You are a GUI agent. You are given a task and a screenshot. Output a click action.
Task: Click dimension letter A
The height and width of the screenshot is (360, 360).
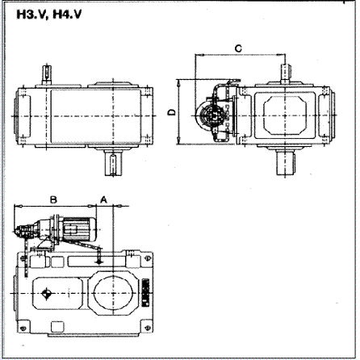pyautogui.click(x=104, y=197)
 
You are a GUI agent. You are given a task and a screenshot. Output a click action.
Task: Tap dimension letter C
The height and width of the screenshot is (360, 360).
pyautogui.click(x=237, y=48)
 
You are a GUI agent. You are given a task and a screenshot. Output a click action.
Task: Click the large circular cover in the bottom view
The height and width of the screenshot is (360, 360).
pyautogui.click(x=112, y=293)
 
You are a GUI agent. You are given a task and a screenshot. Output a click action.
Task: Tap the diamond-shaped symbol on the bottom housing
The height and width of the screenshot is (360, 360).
pyautogui.click(x=48, y=293)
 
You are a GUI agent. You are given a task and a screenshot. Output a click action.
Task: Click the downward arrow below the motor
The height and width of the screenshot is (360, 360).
pyautogui.click(x=98, y=257)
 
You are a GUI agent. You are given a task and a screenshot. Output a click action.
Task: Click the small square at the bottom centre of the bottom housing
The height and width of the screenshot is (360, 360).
pyautogui.click(x=58, y=326)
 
